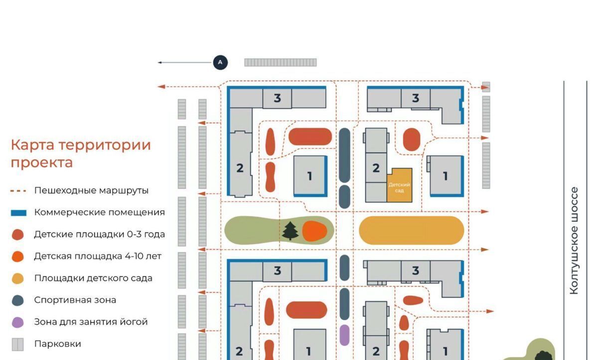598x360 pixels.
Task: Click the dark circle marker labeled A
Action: pyautogui.click(x=220, y=62)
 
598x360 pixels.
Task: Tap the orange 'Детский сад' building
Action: pyautogui.click(x=399, y=185)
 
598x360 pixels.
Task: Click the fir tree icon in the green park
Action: pyautogui.click(x=290, y=231)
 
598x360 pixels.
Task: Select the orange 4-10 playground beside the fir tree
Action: pyautogui.click(x=314, y=231)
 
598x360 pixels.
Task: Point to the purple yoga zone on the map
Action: pyautogui.click(x=344, y=335)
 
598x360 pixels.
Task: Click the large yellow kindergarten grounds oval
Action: pyautogui.click(x=412, y=230)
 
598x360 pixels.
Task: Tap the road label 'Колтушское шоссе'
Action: pyautogui.click(x=574, y=241)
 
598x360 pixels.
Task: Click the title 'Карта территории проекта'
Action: pyautogui.click(x=81, y=154)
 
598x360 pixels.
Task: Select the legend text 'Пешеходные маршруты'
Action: pyautogui.click(x=91, y=190)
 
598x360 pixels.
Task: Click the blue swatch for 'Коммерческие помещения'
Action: pyautogui.click(x=19, y=213)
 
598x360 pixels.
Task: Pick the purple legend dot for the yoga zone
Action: pyautogui.click(x=18, y=322)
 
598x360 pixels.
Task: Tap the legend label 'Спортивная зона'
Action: pyautogui.click(x=75, y=300)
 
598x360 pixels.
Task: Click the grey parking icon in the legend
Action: pyautogui.click(x=18, y=344)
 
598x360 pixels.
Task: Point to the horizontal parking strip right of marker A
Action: pyautogui.click(x=281, y=62)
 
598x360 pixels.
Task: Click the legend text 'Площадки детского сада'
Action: pyautogui.click(x=93, y=278)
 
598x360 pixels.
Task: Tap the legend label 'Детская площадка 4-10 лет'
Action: pyautogui.click(x=98, y=256)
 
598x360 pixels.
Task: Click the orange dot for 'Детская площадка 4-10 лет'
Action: pyautogui.click(x=18, y=257)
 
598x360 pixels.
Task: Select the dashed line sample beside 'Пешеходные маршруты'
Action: pyautogui.click(x=18, y=191)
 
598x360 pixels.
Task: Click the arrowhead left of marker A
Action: pyautogui.click(x=159, y=62)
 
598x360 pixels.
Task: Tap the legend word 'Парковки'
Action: pyautogui.click(x=57, y=344)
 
